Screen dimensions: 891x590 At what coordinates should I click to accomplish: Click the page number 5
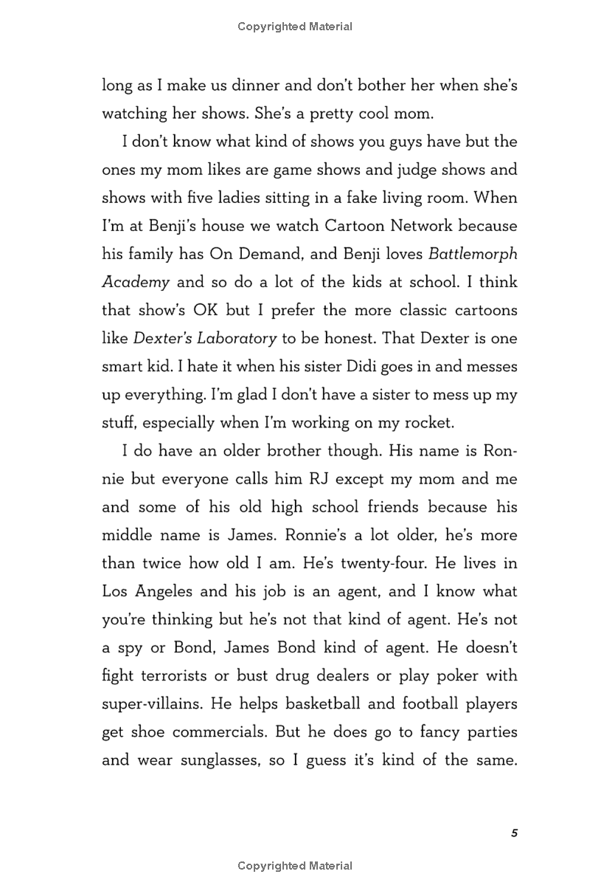(x=514, y=833)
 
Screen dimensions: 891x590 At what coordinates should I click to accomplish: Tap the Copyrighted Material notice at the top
(x=295, y=27)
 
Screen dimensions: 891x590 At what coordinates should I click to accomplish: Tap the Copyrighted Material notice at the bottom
(x=295, y=866)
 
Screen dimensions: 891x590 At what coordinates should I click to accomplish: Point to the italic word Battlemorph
(x=473, y=254)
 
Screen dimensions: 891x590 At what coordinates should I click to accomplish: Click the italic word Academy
(x=135, y=282)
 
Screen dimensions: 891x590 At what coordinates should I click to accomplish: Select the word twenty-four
(x=375, y=563)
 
